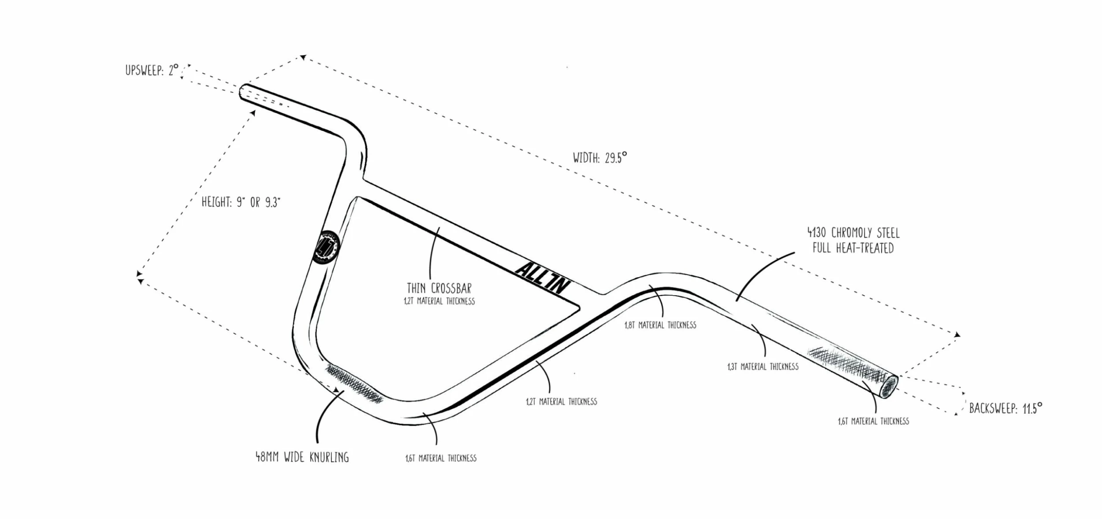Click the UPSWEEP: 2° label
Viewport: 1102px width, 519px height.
(152, 70)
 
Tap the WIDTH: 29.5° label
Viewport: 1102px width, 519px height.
(599, 158)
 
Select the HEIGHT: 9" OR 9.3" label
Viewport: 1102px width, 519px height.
(241, 202)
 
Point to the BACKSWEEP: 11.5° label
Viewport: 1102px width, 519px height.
(1005, 408)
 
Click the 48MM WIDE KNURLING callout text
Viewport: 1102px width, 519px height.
(302, 457)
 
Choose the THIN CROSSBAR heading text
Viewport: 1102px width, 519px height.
(439, 288)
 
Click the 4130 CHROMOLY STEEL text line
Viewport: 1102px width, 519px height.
(853, 233)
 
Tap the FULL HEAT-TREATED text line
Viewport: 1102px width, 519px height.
(853, 248)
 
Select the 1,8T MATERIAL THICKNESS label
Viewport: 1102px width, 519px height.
(660, 325)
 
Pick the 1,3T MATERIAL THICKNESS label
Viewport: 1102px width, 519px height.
(763, 367)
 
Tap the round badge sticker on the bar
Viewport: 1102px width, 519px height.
(325, 247)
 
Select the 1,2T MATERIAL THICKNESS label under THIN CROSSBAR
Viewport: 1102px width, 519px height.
(439, 301)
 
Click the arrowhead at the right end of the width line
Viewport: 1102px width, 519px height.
(957, 335)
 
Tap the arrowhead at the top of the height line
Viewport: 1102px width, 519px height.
(253, 113)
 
